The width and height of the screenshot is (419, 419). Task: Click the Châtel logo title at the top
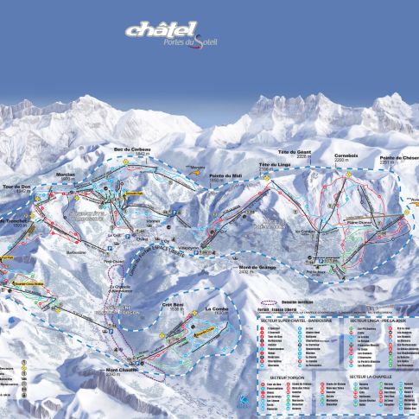click(x=161, y=30)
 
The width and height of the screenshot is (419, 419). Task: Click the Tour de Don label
click(x=16, y=187)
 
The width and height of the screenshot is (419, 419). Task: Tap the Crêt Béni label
click(x=174, y=306)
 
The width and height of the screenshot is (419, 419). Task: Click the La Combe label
click(x=217, y=308)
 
